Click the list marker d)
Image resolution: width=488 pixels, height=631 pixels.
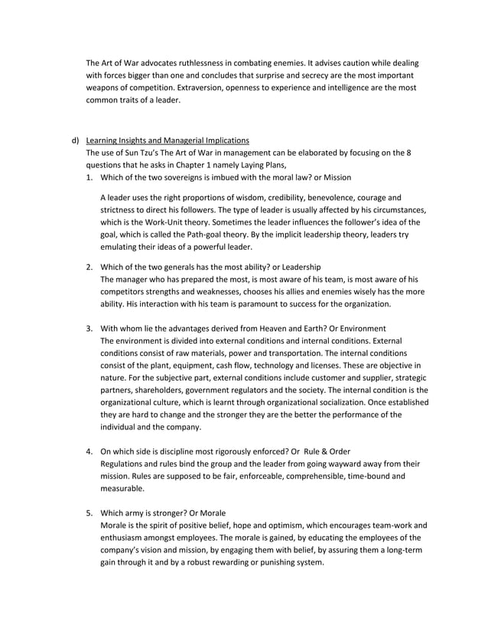(x=75, y=141)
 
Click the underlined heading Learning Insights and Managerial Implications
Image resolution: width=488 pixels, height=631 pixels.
(x=167, y=141)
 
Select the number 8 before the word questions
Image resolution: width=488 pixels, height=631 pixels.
(x=409, y=154)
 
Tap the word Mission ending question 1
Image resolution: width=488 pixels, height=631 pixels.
(x=335, y=178)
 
